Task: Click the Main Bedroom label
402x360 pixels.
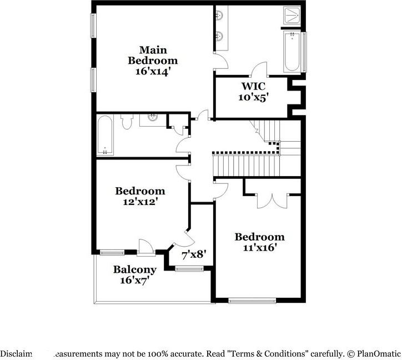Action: point(153,55)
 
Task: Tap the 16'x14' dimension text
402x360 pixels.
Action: point(153,71)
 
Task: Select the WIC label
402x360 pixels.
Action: point(253,87)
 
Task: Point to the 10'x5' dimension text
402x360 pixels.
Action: point(253,98)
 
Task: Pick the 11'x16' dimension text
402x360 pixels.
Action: point(259,247)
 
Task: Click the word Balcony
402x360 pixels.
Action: point(135,269)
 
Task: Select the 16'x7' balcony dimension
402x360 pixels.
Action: point(135,281)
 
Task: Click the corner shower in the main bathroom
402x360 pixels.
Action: point(292,15)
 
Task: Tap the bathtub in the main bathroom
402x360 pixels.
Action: point(292,53)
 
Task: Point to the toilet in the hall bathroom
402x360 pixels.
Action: point(127,121)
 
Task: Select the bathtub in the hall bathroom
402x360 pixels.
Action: point(105,135)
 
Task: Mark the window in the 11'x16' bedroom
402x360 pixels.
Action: point(244,301)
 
